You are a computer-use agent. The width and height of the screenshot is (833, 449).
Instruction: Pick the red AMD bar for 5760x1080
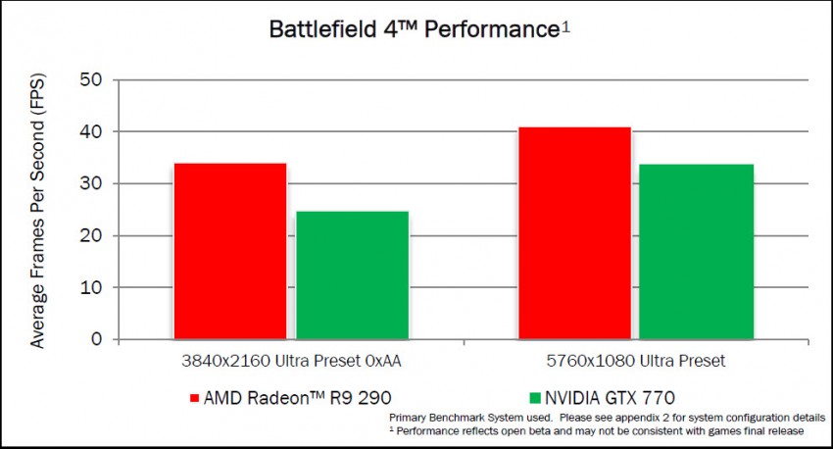tap(574, 233)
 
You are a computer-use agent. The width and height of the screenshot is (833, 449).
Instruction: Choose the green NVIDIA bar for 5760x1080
tap(696, 252)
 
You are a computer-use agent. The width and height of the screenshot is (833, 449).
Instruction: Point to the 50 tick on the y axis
tap(92, 79)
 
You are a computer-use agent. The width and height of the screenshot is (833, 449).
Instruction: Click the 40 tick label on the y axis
tap(92, 131)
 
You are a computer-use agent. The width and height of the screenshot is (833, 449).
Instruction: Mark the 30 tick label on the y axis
tap(92, 183)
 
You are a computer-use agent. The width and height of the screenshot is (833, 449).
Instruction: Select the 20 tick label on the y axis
tap(92, 235)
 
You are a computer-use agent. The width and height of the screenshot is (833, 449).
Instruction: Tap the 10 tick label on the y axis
tap(92, 288)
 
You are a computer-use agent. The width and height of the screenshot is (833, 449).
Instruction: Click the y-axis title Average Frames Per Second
tap(37, 210)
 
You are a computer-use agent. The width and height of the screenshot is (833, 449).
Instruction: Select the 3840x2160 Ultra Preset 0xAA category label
tap(290, 361)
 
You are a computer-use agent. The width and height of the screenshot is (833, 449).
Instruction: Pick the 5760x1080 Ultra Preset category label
tap(635, 361)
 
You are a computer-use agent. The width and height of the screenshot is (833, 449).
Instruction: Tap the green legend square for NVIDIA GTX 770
tap(534, 398)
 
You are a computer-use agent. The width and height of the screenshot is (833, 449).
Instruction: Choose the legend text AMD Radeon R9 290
tap(283, 398)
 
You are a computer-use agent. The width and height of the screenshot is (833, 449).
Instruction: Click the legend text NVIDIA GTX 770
tap(610, 398)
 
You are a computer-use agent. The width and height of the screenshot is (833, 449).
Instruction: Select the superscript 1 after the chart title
tap(565, 26)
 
